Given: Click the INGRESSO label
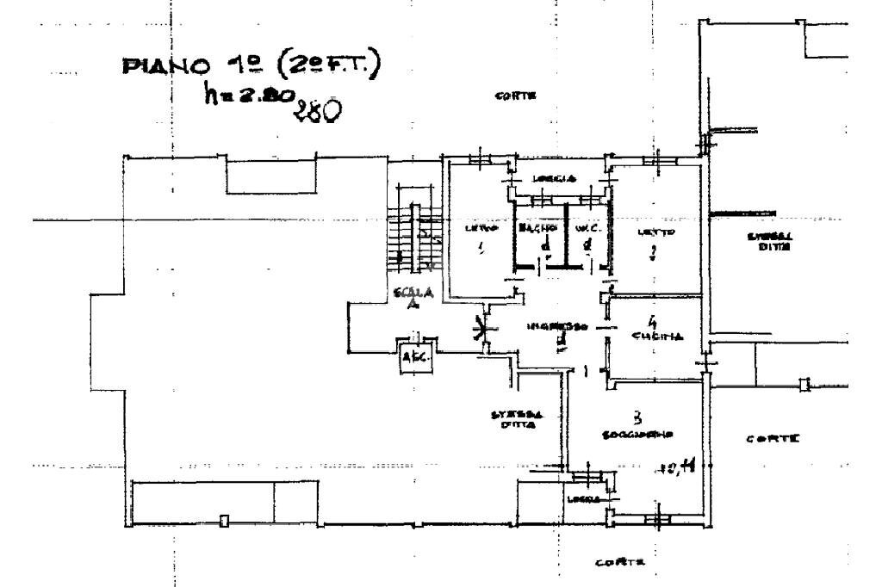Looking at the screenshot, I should [x=557, y=327].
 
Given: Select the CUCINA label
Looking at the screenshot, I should [x=659, y=337].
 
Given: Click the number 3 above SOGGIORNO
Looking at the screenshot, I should [x=638, y=417].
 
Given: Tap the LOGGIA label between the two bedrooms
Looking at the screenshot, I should [x=550, y=178].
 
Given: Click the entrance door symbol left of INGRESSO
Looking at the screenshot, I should [x=484, y=331].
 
